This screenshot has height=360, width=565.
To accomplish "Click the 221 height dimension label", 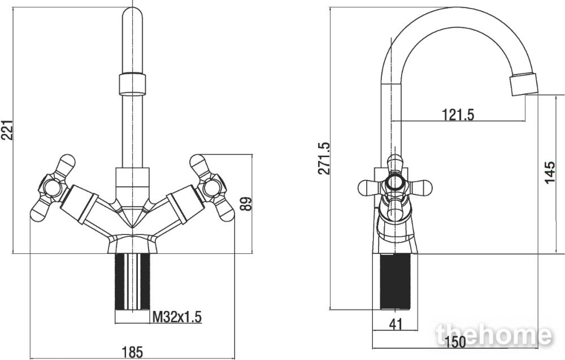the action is (7, 130).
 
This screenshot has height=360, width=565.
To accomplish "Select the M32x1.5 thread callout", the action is (177, 317).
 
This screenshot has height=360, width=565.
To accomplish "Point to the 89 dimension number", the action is (246, 204).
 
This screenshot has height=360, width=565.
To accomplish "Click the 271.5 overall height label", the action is (324, 158).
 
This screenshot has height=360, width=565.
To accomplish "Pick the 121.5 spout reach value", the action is (458, 115).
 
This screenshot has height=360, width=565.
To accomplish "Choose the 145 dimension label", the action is (550, 172).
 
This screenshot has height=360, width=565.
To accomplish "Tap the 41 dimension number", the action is (395, 324).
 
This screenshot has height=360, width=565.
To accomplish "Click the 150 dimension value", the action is (455, 341).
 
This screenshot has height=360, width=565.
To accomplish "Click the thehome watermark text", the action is (494, 335).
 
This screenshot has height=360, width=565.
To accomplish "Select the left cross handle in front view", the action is (53, 188).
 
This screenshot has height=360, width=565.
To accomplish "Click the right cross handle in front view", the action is (212, 188).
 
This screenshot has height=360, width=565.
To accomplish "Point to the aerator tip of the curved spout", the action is (524, 84).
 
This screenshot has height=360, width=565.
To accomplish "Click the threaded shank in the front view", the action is (132, 282).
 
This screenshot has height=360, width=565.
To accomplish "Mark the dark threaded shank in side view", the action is (395, 282).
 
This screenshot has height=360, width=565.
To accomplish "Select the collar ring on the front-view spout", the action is (132, 84).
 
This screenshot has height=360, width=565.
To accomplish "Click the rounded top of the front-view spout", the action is (132, 15).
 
